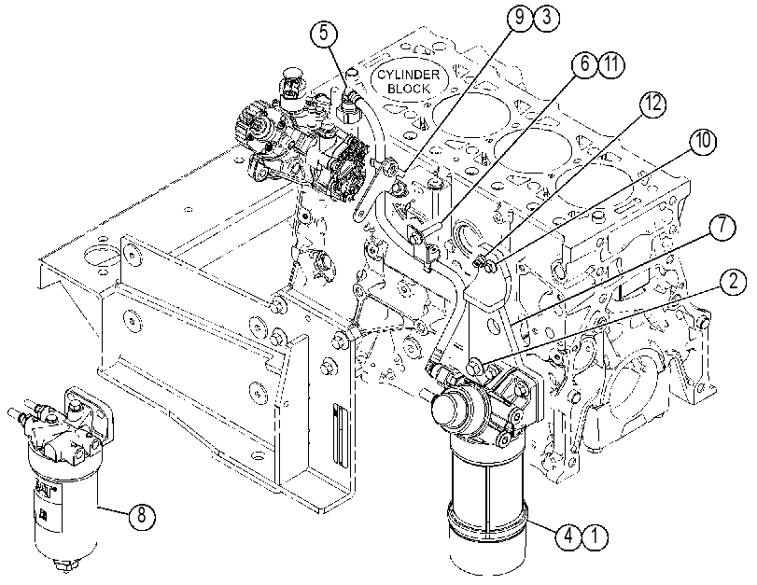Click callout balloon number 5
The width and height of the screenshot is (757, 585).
[324, 34]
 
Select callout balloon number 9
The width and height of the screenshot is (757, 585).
[520, 18]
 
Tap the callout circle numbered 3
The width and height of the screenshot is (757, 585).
[546, 18]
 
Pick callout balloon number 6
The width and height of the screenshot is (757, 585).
[584, 63]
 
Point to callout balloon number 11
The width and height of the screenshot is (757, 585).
[611, 63]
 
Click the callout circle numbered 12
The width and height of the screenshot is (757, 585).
[652, 104]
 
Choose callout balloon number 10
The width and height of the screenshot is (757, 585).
[704, 142]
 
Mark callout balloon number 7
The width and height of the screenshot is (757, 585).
[722, 227]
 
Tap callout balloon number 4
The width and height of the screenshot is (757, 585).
[568, 536]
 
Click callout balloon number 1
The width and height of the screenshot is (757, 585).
[595, 536]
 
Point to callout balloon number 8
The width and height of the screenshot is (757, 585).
[142, 516]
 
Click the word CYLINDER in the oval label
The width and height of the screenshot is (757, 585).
[409, 75]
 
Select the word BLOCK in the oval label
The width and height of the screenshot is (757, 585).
[409, 89]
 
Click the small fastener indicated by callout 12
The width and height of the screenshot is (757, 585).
[480, 263]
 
